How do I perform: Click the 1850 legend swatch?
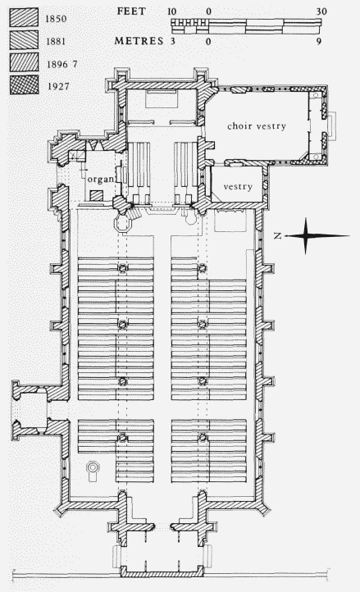[x=24, y=17]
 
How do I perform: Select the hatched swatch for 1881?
[x=24, y=39]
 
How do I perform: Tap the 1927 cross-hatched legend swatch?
[x=24, y=85]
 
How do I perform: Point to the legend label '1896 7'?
[x=62, y=64]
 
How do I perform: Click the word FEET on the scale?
[x=131, y=11]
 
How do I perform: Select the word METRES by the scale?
[x=139, y=41]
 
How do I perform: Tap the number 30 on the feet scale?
[x=321, y=11]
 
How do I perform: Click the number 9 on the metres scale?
[x=319, y=41]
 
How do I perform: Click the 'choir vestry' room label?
[x=257, y=126]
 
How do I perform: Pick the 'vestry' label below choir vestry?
[x=238, y=186]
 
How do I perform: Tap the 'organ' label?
[x=101, y=179]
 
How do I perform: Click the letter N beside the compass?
[x=278, y=236]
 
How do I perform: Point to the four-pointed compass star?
[x=306, y=236]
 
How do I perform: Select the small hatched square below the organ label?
[x=96, y=196]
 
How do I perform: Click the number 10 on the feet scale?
[x=172, y=11]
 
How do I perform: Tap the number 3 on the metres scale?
[x=173, y=41]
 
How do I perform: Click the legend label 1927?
[x=58, y=86]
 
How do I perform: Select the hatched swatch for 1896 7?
[x=24, y=62]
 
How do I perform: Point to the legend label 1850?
[x=56, y=19]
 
